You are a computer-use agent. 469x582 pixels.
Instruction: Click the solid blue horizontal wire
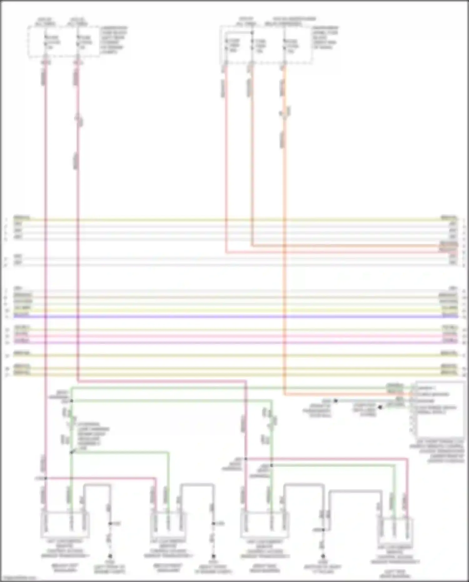tap(234, 317)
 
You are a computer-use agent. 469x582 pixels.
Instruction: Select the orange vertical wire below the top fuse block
tap(284, 188)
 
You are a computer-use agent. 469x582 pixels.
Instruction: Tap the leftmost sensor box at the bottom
tap(65, 524)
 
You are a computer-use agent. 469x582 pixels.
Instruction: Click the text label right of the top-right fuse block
tap(325, 38)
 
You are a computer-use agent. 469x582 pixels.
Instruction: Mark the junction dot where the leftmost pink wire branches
tap(46, 478)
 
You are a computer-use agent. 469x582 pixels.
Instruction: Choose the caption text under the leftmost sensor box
tap(65, 550)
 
